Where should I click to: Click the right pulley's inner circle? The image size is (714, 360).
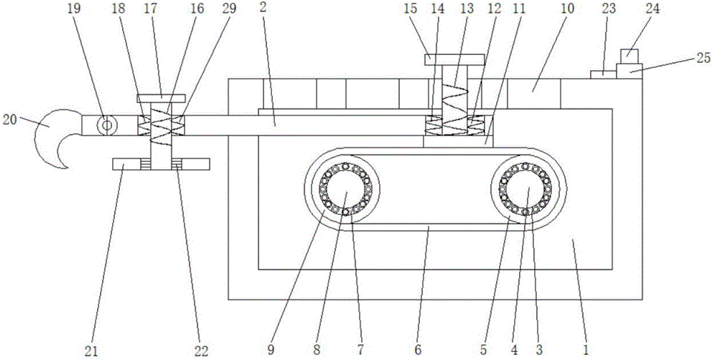pos(526,192)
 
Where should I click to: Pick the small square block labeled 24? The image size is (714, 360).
pos(628,54)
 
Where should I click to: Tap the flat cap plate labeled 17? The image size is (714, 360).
pos(161,98)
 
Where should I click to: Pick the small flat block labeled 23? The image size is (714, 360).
pos(600,74)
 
